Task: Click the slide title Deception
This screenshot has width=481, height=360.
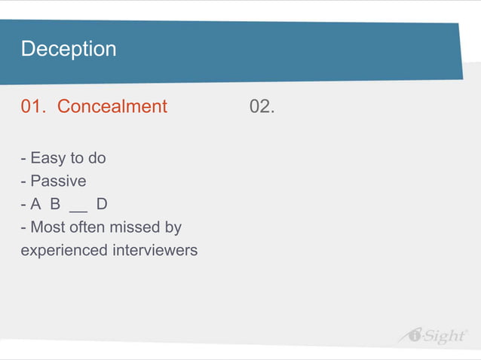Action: (69, 50)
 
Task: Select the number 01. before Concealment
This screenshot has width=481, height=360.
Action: (35, 107)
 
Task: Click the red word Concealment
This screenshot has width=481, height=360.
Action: (112, 107)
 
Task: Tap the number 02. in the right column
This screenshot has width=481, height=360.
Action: (262, 107)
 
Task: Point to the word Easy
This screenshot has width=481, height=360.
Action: (48, 159)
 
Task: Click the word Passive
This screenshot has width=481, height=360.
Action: (58, 182)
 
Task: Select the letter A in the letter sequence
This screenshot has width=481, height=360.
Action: (36, 204)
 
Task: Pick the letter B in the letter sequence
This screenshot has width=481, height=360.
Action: (55, 204)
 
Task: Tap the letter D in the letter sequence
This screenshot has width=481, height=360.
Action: (102, 204)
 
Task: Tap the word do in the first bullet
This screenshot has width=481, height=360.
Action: (97, 159)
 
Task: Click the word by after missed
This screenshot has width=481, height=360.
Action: (173, 227)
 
